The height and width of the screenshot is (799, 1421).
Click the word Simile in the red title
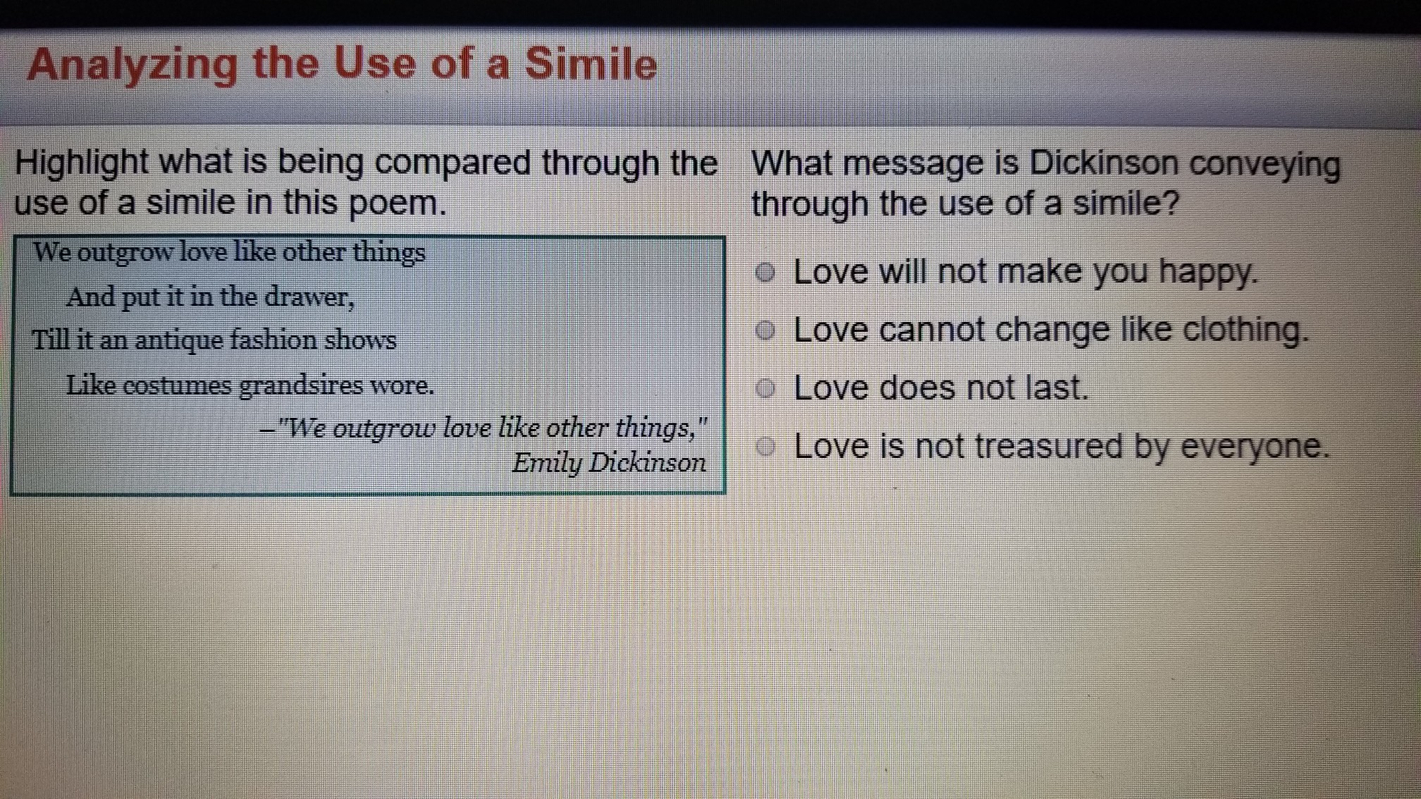coord(590,64)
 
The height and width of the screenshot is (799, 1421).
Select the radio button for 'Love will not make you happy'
coord(765,273)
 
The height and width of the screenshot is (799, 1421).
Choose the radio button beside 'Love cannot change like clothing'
coord(765,330)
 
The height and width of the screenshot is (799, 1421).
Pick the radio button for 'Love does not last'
coord(765,388)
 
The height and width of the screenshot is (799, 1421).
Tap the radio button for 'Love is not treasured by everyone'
coord(765,446)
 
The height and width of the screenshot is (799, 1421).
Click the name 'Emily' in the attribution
coord(546,464)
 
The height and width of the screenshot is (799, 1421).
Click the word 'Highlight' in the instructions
coord(81,164)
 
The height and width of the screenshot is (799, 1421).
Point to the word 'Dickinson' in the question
coord(1103,163)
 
